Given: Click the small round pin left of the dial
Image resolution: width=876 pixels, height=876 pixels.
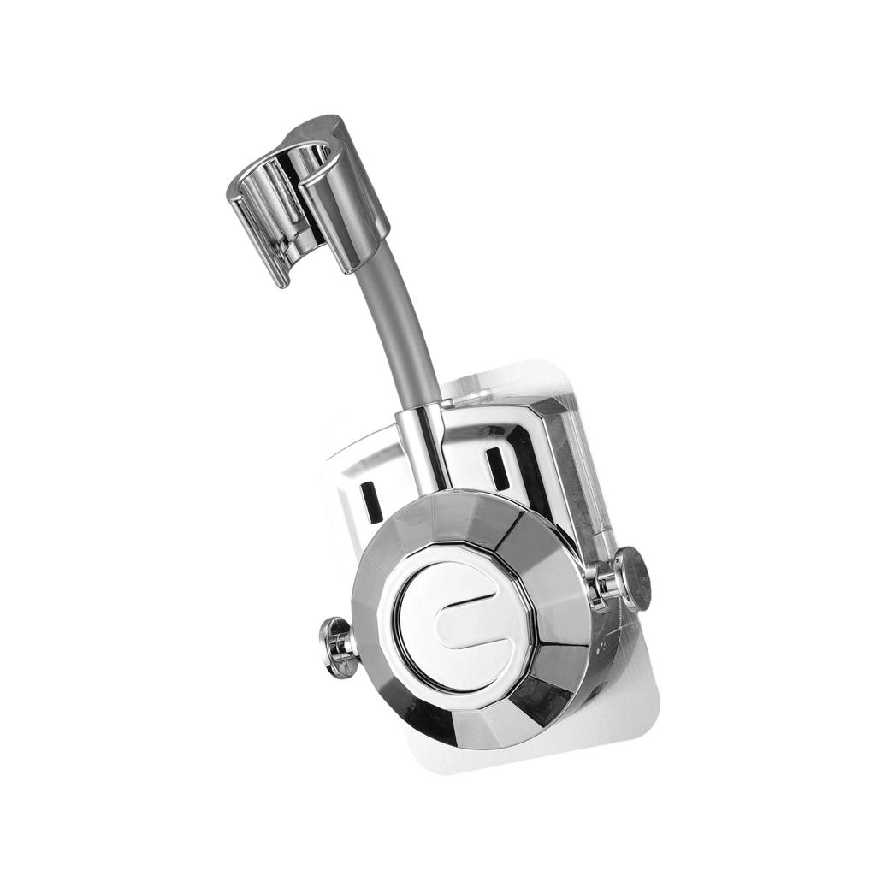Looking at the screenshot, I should [x=338, y=647].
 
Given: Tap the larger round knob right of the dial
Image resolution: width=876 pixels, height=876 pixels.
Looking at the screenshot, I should [x=633, y=578].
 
